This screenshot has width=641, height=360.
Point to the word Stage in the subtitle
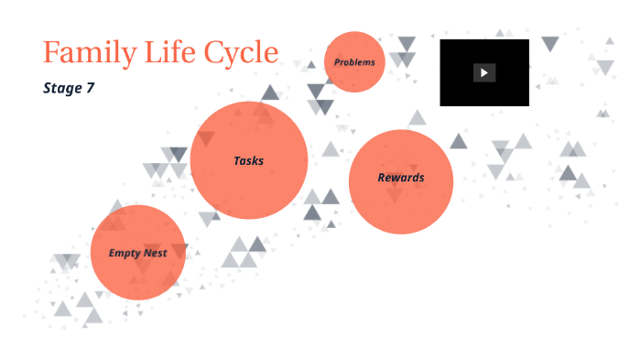point(61,89)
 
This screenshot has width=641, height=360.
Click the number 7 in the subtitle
point(90,89)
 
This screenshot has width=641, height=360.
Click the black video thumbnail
point(483,72)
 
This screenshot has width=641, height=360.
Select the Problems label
point(354,62)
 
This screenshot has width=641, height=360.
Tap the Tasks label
point(248,160)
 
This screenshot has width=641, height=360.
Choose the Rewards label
point(401,178)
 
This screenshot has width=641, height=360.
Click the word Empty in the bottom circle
point(125,253)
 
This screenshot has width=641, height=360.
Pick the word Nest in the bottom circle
point(155,253)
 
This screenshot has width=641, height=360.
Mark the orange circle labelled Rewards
point(401,206)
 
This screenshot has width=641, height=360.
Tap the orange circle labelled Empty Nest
point(137,275)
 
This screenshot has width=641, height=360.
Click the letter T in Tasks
point(237,160)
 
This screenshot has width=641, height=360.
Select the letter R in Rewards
point(382,178)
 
